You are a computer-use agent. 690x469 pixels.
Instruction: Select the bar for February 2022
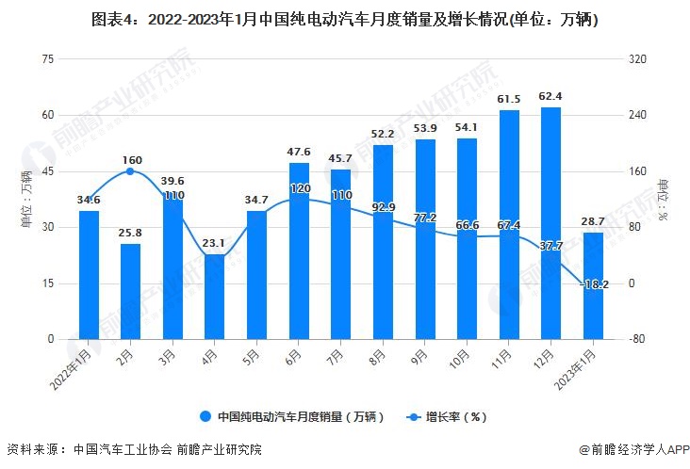(x=130, y=291)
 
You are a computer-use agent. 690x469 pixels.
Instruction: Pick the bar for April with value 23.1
(x=215, y=296)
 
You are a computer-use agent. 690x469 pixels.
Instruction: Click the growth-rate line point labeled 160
(x=130, y=171)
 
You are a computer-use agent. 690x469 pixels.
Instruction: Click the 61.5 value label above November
(x=509, y=99)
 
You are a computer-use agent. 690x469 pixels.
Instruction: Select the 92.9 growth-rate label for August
(x=383, y=206)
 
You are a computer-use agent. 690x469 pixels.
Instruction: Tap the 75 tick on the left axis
(x=47, y=59)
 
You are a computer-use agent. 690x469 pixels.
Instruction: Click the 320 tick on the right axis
(x=638, y=59)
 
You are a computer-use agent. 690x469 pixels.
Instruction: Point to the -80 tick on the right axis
(x=638, y=339)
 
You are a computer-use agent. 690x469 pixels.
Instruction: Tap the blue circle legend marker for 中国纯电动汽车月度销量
(x=204, y=415)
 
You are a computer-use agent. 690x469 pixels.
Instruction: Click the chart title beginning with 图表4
(x=344, y=19)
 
